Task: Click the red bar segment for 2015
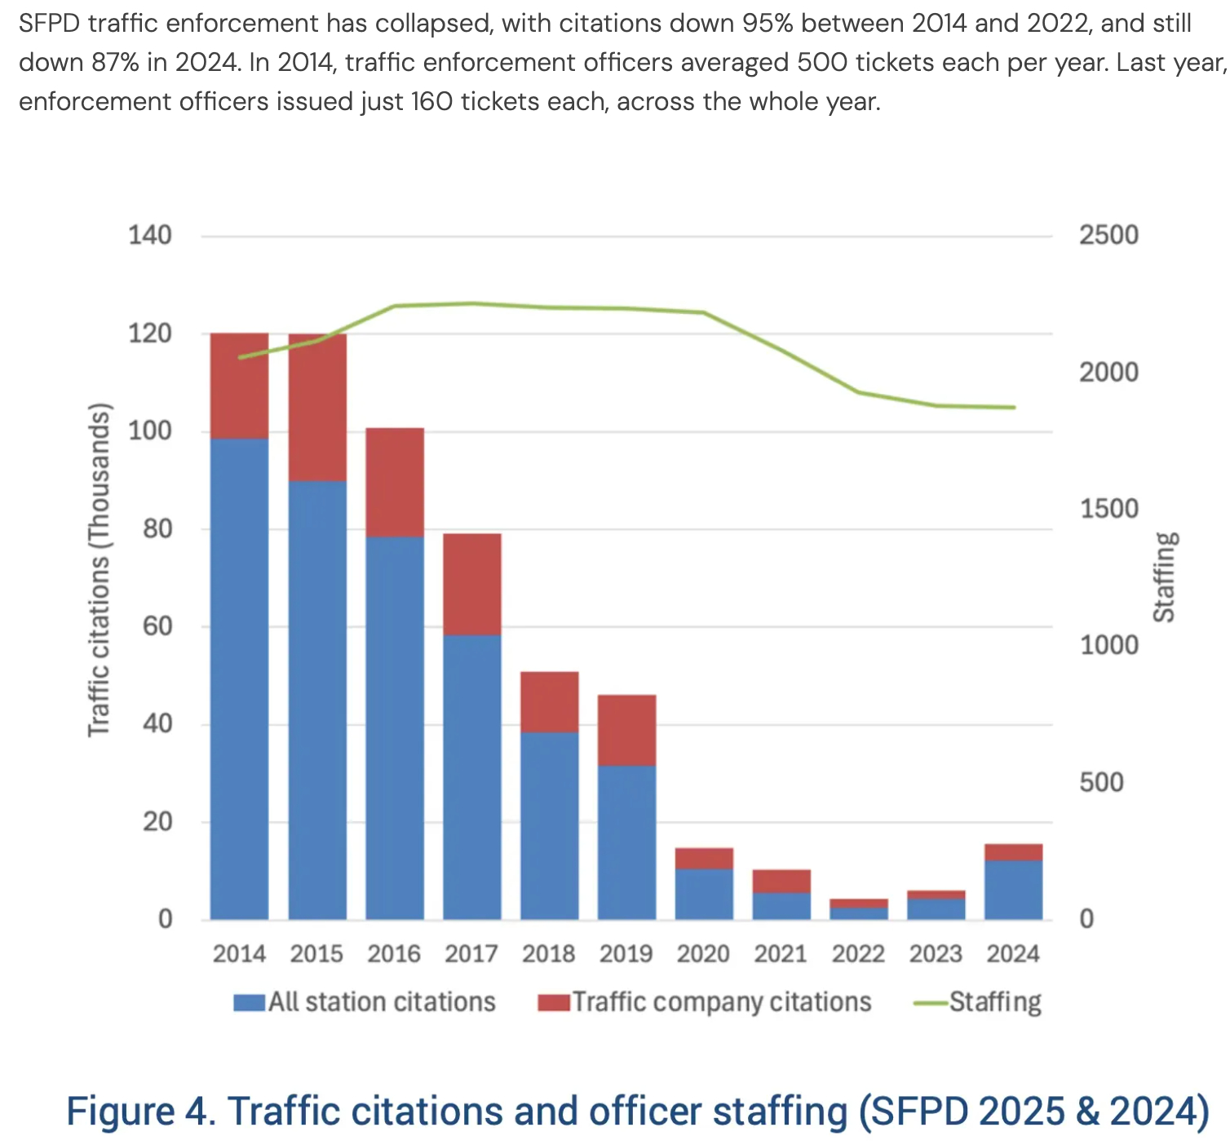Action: point(317,407)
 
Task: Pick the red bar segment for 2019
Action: point(626,730)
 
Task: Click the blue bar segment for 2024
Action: point(1013,890)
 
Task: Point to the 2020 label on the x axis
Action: point(703,953)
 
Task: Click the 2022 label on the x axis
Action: point(858,953)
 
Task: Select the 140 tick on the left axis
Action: point(150,236)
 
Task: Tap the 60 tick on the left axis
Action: point(156,626)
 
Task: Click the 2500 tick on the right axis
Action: point(1108,236)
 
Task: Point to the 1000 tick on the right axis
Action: point(1108,645)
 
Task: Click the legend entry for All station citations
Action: point(365,1001)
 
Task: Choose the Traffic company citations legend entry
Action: point(705,1001)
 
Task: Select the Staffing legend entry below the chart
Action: point(978,1001)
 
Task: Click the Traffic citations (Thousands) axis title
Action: point(99,569)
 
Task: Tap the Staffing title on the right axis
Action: point(1165,577)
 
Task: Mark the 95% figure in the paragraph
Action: point(768,23)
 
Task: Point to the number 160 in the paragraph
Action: point(431,101)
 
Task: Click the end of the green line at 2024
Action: point(1014,407)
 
